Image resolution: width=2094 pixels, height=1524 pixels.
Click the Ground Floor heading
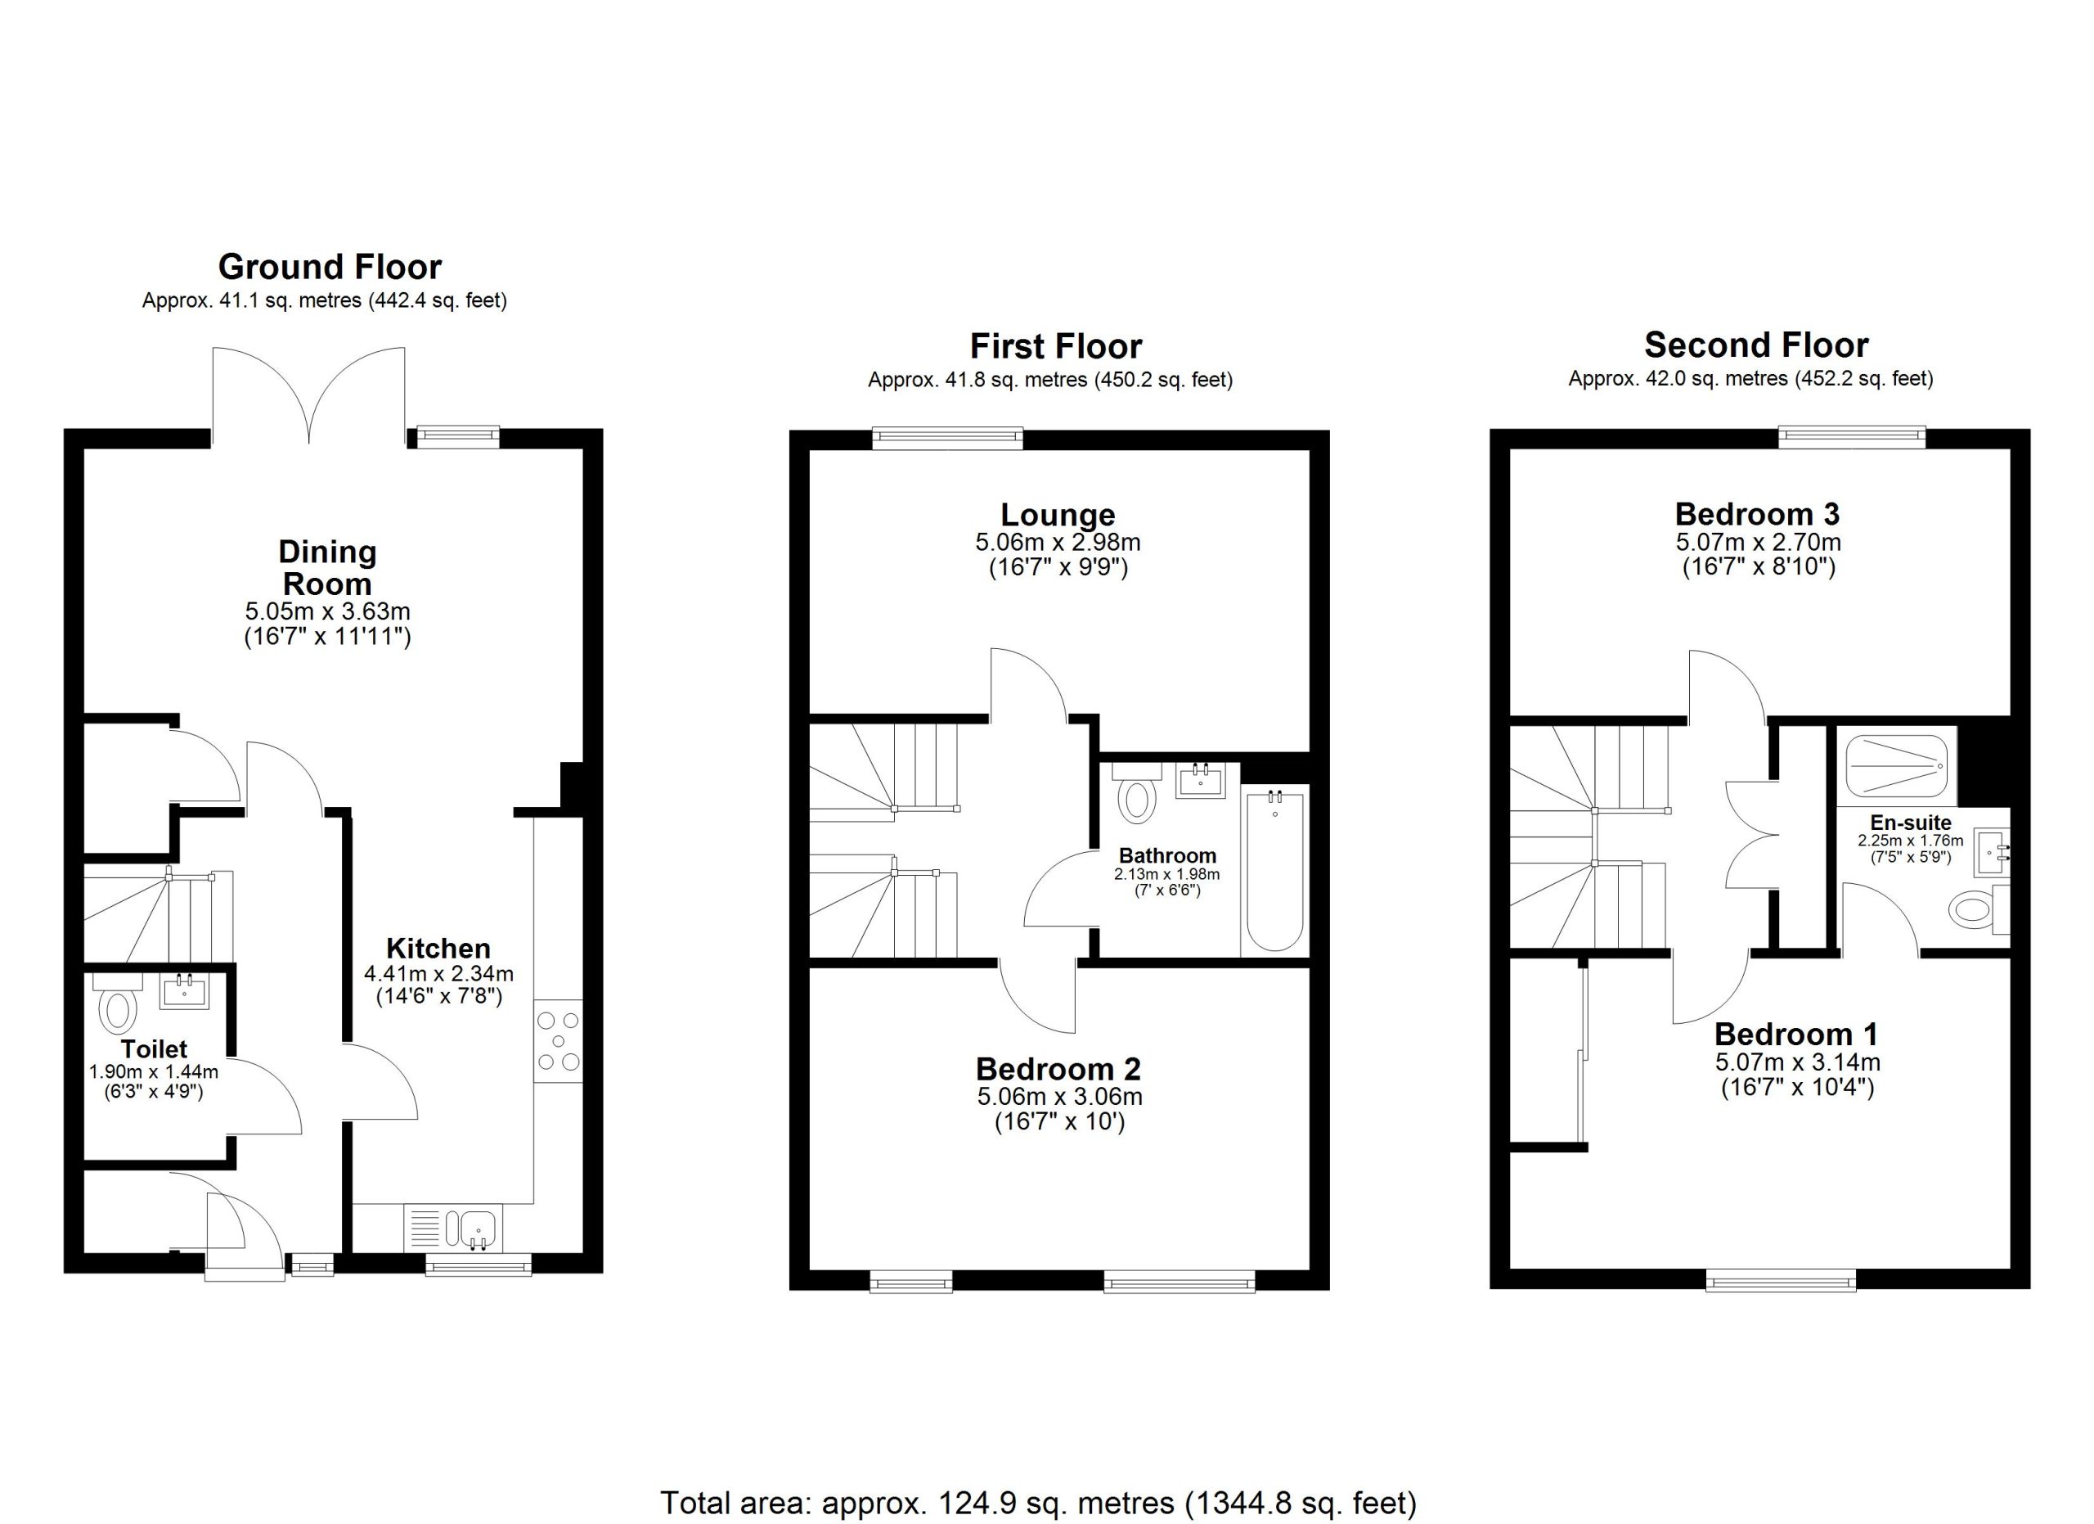click(x=330, y=267)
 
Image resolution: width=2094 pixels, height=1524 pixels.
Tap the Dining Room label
click(x=328, y=568)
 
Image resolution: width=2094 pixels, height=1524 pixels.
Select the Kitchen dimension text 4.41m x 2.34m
click(x=438, y=972)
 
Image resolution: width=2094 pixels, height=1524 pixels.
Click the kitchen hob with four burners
click(x=559, y=1041)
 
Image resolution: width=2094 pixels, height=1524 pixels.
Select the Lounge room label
click(x=1058, y=515)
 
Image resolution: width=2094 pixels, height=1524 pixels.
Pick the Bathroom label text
click(x=1167, y=855)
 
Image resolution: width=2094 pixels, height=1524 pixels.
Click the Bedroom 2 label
click(x=1058, y=1069)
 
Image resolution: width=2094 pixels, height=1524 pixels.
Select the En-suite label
click(x=1910, y=822)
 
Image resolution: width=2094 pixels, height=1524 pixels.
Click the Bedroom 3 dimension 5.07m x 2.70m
click(x=1758, y=541)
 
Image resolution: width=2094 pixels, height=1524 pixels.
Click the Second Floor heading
click(x=1756, y=345)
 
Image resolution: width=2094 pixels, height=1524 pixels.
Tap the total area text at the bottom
click(x=1038, y=1503)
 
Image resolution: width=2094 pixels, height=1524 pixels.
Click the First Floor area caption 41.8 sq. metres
click(x=1049, y=380)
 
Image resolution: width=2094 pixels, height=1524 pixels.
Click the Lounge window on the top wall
click(x=948, y=438)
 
